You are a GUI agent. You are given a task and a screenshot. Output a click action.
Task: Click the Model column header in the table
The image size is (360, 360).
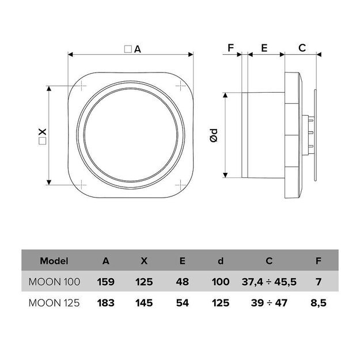click(x=54, y=261)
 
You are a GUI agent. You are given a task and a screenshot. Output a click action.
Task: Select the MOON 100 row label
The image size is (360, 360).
click(x=54, y=282)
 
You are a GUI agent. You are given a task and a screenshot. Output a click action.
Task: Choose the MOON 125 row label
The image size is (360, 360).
click(x=54, y=302)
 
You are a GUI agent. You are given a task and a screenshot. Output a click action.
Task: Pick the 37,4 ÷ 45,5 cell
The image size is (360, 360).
click(x=269, y=282)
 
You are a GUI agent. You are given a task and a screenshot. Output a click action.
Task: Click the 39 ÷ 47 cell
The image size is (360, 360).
click(x=269, y=302)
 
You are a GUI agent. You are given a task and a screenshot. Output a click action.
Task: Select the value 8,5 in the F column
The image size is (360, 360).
click(x=319, y=302)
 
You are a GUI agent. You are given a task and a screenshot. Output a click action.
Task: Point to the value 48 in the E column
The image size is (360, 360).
click(x=182, y=282)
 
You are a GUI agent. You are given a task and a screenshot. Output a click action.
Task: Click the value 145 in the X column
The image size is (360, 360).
click(x=144, y=302)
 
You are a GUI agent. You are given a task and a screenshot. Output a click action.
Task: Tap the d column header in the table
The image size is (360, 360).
click(x=221, y=261)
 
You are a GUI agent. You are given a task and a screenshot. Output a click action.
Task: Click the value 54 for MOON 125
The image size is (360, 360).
click(x=182, y=302)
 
